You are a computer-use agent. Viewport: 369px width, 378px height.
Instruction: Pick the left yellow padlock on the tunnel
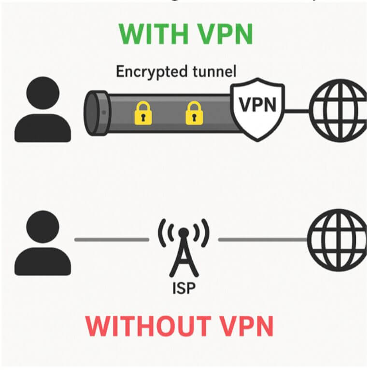[x=143, y=112]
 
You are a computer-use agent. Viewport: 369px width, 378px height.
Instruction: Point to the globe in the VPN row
[x=338, y=111]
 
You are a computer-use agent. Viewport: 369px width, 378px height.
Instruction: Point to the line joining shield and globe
[x=297, y=111]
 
